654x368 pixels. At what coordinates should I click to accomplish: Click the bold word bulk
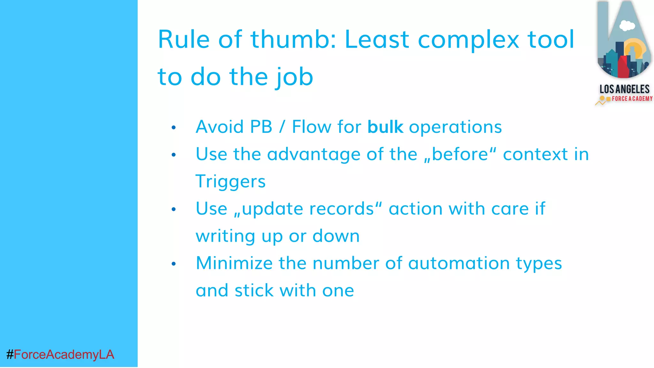coord(385,127)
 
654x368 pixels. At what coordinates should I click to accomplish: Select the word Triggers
coord(230,181)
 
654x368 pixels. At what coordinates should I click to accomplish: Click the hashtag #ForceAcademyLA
coord(60,355)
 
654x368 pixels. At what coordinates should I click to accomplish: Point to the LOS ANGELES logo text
coord(624,89)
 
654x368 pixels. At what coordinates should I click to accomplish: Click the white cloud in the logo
coord(627,26)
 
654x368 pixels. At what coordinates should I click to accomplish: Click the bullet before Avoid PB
coord(174,128)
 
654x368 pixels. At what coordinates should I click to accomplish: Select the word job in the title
coord(294,77)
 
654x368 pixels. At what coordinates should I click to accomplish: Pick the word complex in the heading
coord(468,40)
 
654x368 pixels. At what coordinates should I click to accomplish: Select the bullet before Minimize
coord(174,264)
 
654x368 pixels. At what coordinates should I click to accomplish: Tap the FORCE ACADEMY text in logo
coord(632,99)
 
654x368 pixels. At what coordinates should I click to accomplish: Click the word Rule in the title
coord(184,40)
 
